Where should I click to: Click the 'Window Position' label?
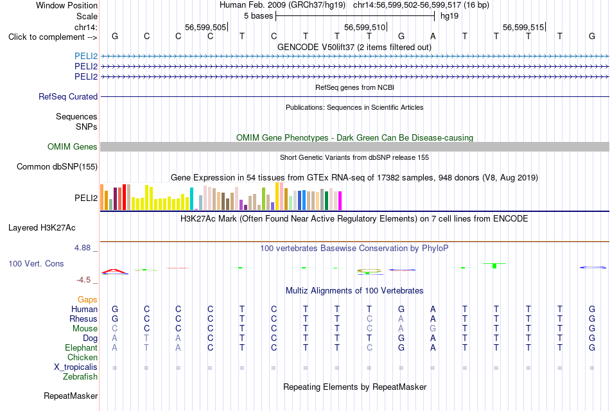pyautogui.click(x=67, y=5)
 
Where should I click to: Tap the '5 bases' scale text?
pyautogui.click(x=258, y=16)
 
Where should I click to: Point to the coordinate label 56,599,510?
pyautogui.click(x=365, y=27)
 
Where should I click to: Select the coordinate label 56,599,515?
pyautogui.click(x=523, y=27)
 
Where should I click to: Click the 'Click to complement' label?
pyautogui.click(x=46, y=37)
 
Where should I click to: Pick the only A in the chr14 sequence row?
pyautogui.click(x=433, y=36)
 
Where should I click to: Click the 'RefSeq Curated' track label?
pyautogui.click(x=68, y=96)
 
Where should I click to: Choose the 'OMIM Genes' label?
pyautogui.click(x=73, y=146)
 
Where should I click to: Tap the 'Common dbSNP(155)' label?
pyautogui.click(x=57, y=166)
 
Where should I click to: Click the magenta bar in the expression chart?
pyautogui.click(x=340, y=201)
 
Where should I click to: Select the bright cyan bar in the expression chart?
pyautogui.click(x=191, y=199)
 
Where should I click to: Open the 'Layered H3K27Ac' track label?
pyautogui.click(x=42, y=228)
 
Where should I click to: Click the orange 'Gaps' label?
pyautogui.click(x=87, y=299)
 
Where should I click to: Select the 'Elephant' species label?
pyautogui.click(x=82, y=347)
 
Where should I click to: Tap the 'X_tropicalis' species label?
pyautogui.click(x=76, y=367)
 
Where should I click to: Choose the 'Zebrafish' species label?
pyautogui.click(x=80, y=376)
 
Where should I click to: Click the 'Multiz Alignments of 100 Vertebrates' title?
pyautogui.click(x=354, y=290)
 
